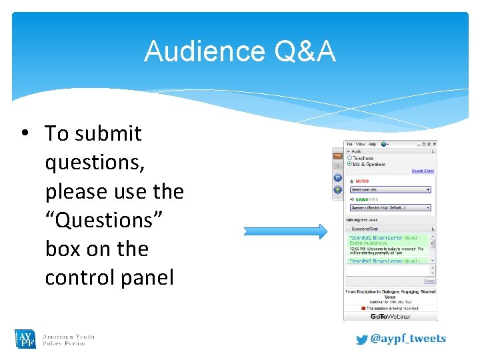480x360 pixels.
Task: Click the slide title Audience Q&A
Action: (x=239, y=51)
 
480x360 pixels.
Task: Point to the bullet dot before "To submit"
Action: (x=25, y=133)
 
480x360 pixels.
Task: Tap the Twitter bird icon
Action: (x=361, y=339)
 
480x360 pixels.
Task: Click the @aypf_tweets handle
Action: (x=407, y=339)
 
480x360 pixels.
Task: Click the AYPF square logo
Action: (x=25, y=339)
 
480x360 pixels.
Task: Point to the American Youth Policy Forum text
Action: (x=68, y=339)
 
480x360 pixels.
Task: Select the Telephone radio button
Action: (x=349, y=158)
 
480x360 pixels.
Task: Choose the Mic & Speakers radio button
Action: (x=349, y=164)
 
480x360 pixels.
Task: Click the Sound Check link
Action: (x=422, y=171)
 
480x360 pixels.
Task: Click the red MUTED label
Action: (x=362, y=181)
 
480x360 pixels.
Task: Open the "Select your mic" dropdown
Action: (x=391, y=189)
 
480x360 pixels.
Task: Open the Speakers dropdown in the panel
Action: (x=391, y=207)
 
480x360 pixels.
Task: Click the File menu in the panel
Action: (x=349, y=144)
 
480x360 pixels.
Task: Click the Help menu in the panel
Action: (x=372, y=144)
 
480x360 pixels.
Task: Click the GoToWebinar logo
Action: (x=390, y=316)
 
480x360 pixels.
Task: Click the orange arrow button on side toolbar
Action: (x=337, y=155)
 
